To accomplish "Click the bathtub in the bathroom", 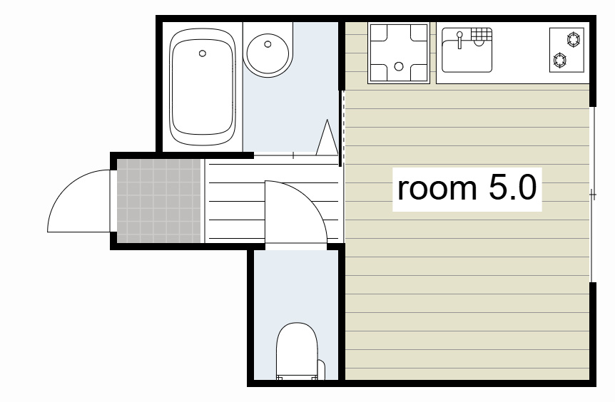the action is (x=203, y=87).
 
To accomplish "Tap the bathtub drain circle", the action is (x=203, y=53).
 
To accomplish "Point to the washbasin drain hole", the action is (x=268, y=44).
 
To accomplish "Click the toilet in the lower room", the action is (x=297, y=351).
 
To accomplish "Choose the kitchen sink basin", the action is (x=467, y=50).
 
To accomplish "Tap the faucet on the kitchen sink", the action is (x=459, y=40).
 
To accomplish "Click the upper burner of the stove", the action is (x=574, y=40).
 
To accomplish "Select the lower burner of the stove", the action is (x=559, y=61).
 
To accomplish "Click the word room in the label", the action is (x=437, y=188).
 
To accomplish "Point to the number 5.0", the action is (x=513, y=187).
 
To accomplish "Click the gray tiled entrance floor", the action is (x=159, y=200).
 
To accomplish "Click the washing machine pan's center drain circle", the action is (x=399, y=66).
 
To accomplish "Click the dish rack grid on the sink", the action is (x=482, y=33).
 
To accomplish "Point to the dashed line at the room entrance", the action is (x=344, y=128).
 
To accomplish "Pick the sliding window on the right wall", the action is (x=593, y=195).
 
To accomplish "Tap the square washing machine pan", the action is (x=399, y=53).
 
